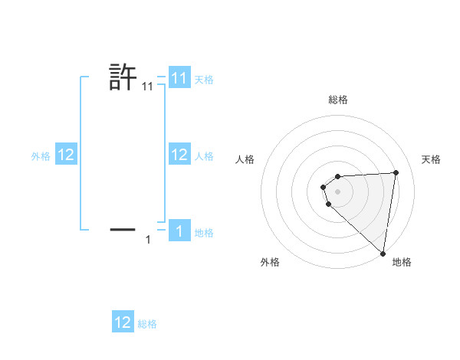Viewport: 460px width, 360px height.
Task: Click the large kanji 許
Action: pyautogui.click(x=123, y=77)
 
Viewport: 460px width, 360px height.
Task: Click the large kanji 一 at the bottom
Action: pyautogui.click(x=123, y=228)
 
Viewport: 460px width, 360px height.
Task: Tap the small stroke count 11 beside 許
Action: pyautogui.click(x=148, y=88)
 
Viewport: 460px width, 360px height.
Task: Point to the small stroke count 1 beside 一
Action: pyautogui.click(x=148, y=240)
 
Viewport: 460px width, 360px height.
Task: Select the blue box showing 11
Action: pyautogui.click(x=179, y=78)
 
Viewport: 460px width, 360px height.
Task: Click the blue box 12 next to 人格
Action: pyautogui.click(x=179, y=155)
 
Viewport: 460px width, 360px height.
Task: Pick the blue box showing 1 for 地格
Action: pyautogui.click(x=179, y=231)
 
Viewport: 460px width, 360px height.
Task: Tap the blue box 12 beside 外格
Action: pyautogui.click(x=65, y=155)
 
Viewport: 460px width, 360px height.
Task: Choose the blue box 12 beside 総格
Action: pyautogui.click(x=123, y=322)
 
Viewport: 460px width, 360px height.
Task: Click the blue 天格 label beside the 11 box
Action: pyautogui.click(x=204, y=80)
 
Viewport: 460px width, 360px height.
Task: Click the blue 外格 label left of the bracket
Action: pyautogui.click(x=41, y=156)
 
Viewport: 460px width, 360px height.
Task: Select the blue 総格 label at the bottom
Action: pyautogui.click(x=147, y=324)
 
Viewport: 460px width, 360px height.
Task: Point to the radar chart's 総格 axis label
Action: pyautogui.click(x=338, y=100)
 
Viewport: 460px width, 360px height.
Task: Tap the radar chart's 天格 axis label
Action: pyautogui.click(x=432, y=159)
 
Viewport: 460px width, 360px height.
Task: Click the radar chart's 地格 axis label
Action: pyautogui.click(x=402, y=262)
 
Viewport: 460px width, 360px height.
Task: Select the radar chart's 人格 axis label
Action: pyautogui.click(x=245, y=159)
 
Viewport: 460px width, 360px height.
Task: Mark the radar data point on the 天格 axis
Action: pyautogui.click(x=396, y=172)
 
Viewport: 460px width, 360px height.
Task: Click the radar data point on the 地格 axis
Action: pyautogui.click(x=383, y=254)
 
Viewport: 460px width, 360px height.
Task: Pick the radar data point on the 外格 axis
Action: pyautogui.click(x=329, y=204)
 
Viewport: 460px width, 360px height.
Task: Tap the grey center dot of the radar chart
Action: pyautogui.click(x=338, y=191)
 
